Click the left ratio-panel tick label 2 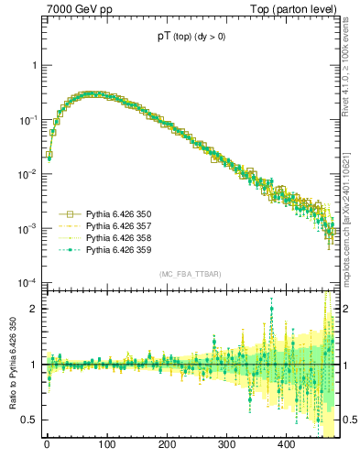[x=33, y=309]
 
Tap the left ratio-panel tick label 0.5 [x=29, y=420]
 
